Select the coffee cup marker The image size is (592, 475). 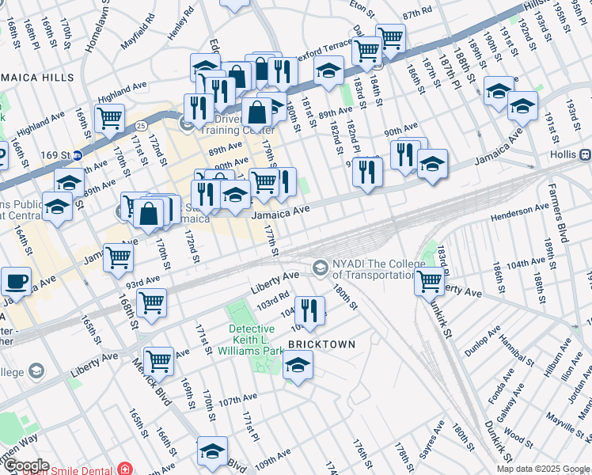[x=16, y=282]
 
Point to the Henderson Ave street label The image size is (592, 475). [x=520, y=211]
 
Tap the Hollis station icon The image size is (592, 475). [x=586, y=154]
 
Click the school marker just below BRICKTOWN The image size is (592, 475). [x=298, y=367]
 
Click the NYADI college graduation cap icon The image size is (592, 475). [x=320, y=268]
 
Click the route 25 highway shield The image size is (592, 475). [x=139, y=126]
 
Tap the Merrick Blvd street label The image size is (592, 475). [x=150, y=381]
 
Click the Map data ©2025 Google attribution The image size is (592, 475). [x=543, y=469]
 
